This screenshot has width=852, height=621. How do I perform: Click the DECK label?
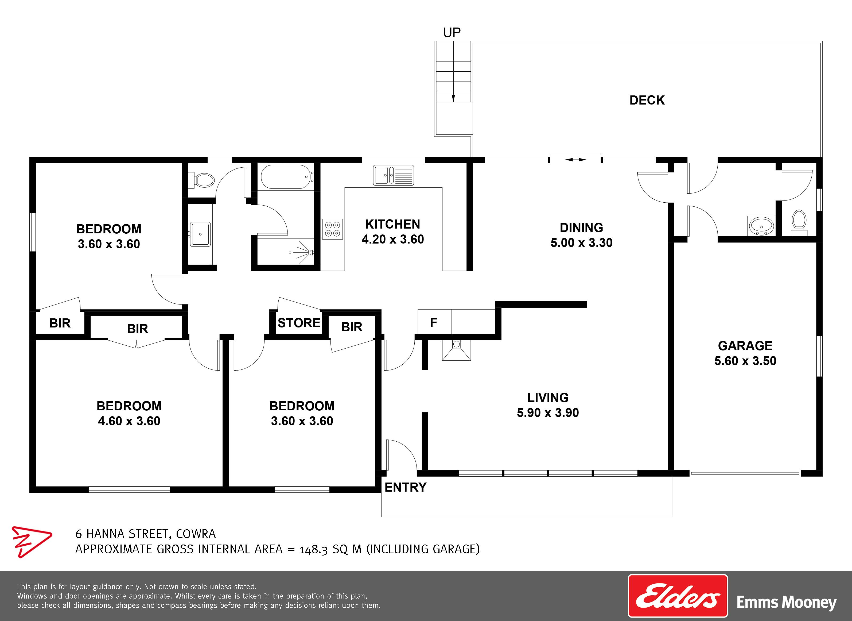pyautogui.click(x=647, y=100)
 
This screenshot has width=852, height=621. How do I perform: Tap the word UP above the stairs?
pyautogui.click(x=452, y=33)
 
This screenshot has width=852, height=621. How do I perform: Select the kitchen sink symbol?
pyautogui.click(x=393, y=175)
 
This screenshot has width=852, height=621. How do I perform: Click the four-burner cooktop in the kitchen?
pyautogui.click(x=332, y=229)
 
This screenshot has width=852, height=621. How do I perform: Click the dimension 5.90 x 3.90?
pyautogui.click(x=548, y=412)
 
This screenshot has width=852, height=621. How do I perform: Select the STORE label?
pyautogui.click(x=299, y=322)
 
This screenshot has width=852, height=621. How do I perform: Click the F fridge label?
pyautogui.click(x=434, y=322)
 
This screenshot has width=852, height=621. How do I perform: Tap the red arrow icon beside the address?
pyautogui.click(x=31, y=542)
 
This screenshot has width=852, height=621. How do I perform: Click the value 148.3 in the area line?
pyautogui.click(x=313, y=550)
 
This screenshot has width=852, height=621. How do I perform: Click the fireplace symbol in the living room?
pyautogui.click(x=456, y=350)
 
